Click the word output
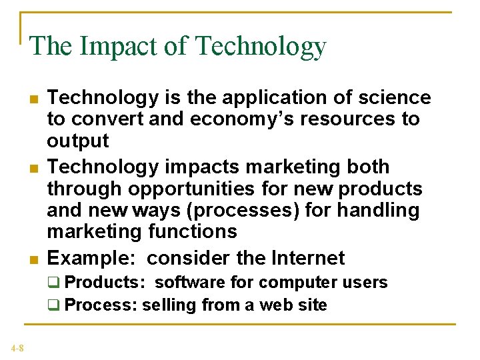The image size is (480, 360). coord(77,141)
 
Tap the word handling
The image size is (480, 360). coord(377,210)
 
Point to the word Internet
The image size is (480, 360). coord(309,257)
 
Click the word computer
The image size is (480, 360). coord(298,282)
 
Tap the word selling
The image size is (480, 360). coord(167,305)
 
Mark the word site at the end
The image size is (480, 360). coord(313,305)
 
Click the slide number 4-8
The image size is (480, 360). coord(17,347)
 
